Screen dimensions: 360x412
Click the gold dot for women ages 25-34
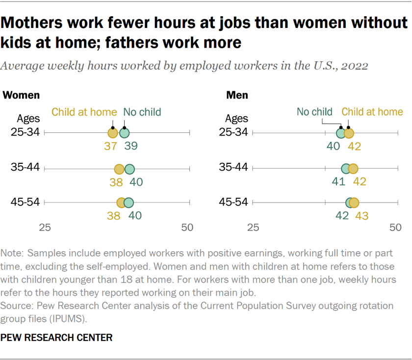tap(113, 133)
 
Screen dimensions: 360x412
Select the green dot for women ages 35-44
tap(129, 169)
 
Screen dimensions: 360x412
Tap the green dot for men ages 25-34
tap(341, 133)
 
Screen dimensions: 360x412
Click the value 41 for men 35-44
tap(337, 182)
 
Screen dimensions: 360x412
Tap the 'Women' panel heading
tap(22, 95)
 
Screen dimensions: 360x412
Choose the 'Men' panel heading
tap(237, 95)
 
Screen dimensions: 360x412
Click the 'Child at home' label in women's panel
tap(84, 112)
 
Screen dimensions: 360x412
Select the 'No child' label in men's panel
tap(315, 112)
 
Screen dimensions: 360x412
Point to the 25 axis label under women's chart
tap(45, 228)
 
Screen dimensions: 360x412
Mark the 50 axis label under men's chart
tap(395, 228)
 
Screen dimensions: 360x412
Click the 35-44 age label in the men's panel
tap(234, 168)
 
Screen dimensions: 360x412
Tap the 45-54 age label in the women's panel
tap(26, 202)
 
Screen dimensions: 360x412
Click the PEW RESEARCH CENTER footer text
tap(57, 337)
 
